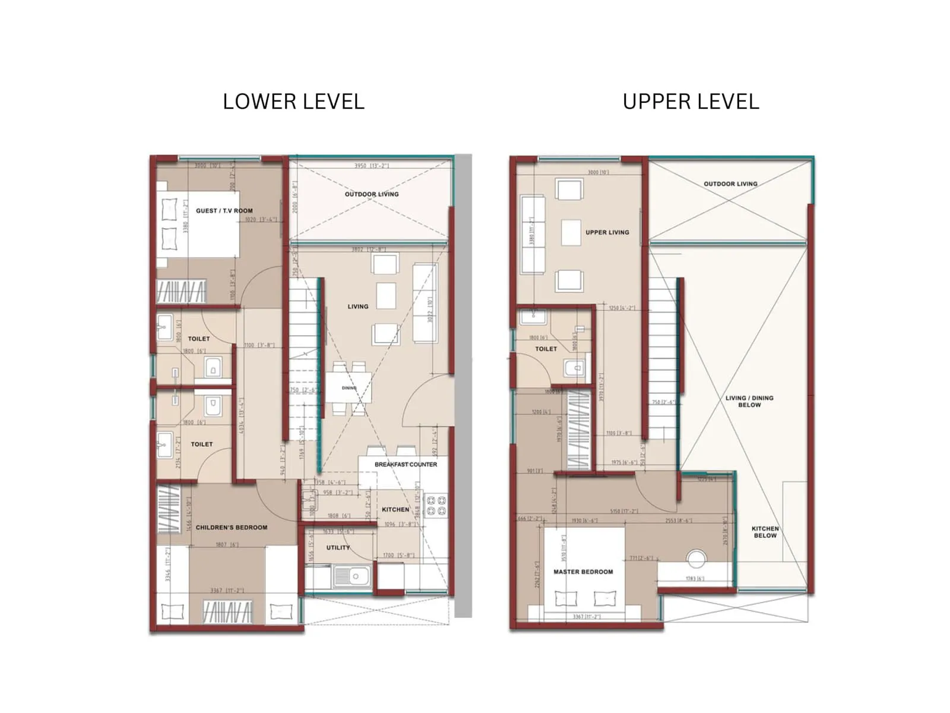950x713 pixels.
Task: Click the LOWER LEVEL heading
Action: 293,102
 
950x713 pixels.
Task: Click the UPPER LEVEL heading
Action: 691,102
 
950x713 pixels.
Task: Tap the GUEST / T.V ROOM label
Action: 224,211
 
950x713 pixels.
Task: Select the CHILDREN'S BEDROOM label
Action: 232,528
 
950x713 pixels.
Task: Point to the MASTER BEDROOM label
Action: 583,572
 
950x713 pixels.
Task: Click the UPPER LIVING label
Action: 607,232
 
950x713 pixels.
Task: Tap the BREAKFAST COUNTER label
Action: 406,465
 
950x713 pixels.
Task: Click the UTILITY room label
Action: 338,548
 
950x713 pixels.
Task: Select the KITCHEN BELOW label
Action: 765,532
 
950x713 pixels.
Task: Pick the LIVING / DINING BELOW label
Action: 749,402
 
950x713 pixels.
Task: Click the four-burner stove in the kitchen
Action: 436,506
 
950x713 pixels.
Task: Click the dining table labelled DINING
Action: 349,389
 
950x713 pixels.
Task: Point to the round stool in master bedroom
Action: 696,559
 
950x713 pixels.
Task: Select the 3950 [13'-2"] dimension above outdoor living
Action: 371,166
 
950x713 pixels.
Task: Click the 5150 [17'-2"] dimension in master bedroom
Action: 623,511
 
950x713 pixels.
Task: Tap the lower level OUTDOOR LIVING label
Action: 372,194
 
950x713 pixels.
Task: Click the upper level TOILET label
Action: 546,349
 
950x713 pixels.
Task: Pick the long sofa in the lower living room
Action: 425,303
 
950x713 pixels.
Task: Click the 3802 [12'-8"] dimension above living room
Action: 368,250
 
